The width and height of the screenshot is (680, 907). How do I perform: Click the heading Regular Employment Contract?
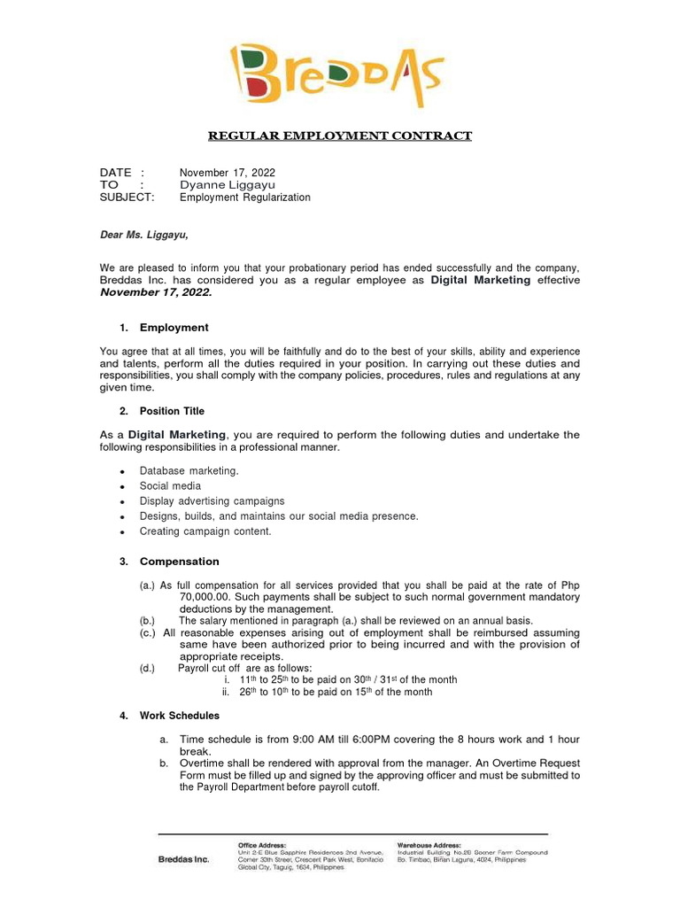pos(340,136)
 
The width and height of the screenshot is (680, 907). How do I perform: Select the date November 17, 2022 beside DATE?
pos(228,172)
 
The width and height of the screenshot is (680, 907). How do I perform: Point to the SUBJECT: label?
pos(127,198)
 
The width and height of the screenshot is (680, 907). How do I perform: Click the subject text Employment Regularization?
pos(245,198)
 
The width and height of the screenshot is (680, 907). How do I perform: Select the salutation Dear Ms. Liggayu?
pos(143,236)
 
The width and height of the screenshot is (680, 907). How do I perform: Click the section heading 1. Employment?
pos(164,327)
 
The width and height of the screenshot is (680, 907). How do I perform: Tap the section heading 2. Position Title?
pos(162,411)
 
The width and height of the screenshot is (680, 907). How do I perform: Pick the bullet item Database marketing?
pos(189,470)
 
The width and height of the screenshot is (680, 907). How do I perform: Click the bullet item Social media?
pos(170,485)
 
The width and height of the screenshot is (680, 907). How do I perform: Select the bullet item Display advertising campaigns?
pos(212,500)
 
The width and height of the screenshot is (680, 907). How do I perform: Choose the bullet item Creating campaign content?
pos(205,531)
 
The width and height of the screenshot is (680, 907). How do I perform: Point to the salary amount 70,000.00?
pos(211,598)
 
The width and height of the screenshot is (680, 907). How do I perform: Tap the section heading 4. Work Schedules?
pos(170,715)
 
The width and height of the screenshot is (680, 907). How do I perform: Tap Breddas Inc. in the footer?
pos(183,859)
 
